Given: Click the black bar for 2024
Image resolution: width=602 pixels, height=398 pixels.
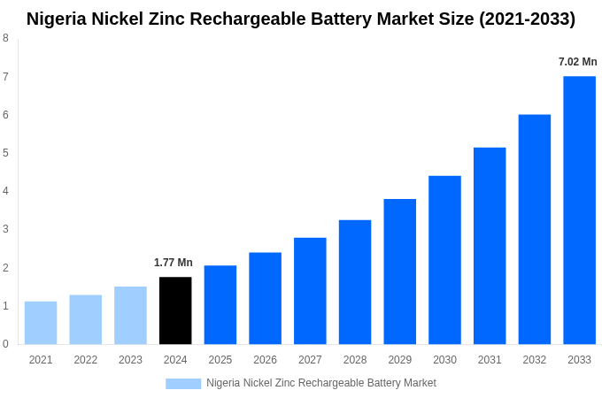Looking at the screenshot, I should pos(175,310).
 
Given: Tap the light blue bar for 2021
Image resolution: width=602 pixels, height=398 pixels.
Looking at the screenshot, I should pos(41,323).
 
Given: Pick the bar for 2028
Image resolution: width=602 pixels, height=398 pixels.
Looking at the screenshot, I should pos(355,282).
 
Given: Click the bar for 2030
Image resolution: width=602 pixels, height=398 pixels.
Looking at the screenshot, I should pos(444,260).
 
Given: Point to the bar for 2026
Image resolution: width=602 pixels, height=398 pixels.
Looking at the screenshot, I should pos(265,298).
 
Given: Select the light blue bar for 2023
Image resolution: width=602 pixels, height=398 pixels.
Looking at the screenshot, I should pos(130,315).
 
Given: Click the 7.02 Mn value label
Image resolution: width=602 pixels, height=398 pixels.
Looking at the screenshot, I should pos(577,62).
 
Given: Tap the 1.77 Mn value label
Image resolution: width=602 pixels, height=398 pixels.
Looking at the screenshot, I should pos(174,263).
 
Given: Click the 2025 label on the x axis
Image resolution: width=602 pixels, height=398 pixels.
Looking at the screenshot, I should pos(220,360).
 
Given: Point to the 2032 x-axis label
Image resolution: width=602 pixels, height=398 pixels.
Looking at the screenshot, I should pos(534,360).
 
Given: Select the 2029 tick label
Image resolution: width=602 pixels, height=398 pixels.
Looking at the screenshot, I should pos(399,360).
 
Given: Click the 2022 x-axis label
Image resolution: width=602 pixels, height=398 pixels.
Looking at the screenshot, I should pos(86,360).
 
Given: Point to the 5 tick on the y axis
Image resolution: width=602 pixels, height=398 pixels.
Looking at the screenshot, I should pos(5,153).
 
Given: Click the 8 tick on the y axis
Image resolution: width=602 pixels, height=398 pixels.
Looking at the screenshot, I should pos(5,38).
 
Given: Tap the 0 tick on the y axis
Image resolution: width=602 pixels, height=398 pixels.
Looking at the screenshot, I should pos(5,344).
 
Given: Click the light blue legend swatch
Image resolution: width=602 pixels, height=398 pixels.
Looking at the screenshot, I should pos(183,383).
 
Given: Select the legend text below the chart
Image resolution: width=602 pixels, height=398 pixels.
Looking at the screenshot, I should pos(320,383).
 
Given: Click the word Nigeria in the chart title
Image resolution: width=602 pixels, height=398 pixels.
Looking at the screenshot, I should pos(58,19).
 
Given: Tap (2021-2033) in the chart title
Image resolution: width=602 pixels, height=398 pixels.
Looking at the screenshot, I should pos(527,19).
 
